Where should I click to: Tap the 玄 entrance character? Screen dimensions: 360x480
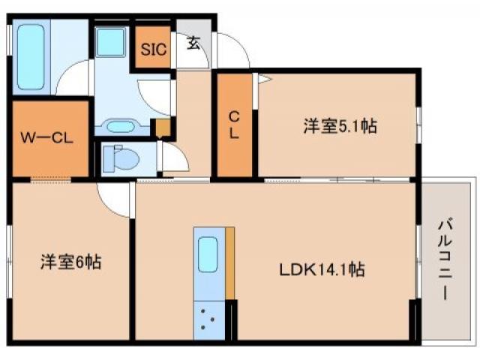pyautogui.click(x=193, y=43)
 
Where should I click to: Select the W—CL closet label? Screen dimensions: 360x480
pyautogui.click(x=46, y=137)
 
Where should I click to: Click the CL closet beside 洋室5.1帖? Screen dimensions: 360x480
pyautogui.click(x=235, y=125)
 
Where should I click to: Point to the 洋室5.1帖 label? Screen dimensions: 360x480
pyautogui.click(x=340, y=126)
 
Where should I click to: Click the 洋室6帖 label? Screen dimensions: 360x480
pyautogui.click(x=70, y=262)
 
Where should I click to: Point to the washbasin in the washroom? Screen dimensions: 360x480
pyautogui.click(x=120, y=126)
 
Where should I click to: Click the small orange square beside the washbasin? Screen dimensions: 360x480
pyautogui.click(x=161, y=128)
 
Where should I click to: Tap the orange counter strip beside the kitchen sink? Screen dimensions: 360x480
pyautogui.click(x=230, y=262)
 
